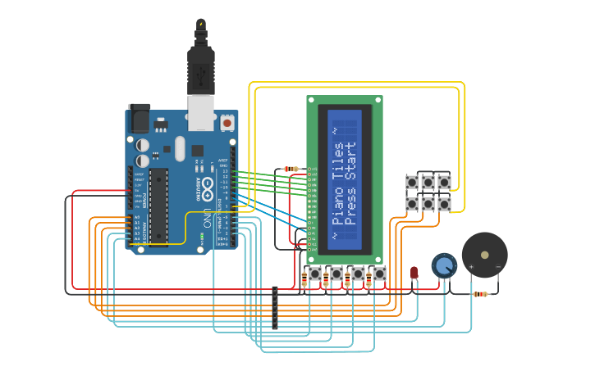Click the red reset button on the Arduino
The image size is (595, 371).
[x=227, y=123]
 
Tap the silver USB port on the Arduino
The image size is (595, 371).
[x=200, y=111]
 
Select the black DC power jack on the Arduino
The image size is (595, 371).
[x=140, y=120]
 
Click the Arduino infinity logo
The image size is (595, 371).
[x=208, y=186]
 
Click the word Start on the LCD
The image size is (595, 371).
[x=351, y=161]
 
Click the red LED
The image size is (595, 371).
[x=414, y=272]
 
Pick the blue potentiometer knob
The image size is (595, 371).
[x=444, y=265]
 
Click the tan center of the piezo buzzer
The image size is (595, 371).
[x=484, y=254]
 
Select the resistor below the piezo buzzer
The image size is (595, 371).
[x=480, y=294]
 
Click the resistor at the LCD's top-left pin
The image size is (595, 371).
[x=291, y=169]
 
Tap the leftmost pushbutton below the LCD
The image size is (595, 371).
[x=314, y=274]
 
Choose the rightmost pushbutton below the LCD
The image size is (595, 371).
[x=378, y=274]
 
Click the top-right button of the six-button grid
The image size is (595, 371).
[x=444, y=182]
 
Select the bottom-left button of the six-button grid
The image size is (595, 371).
[x=412, y=202]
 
